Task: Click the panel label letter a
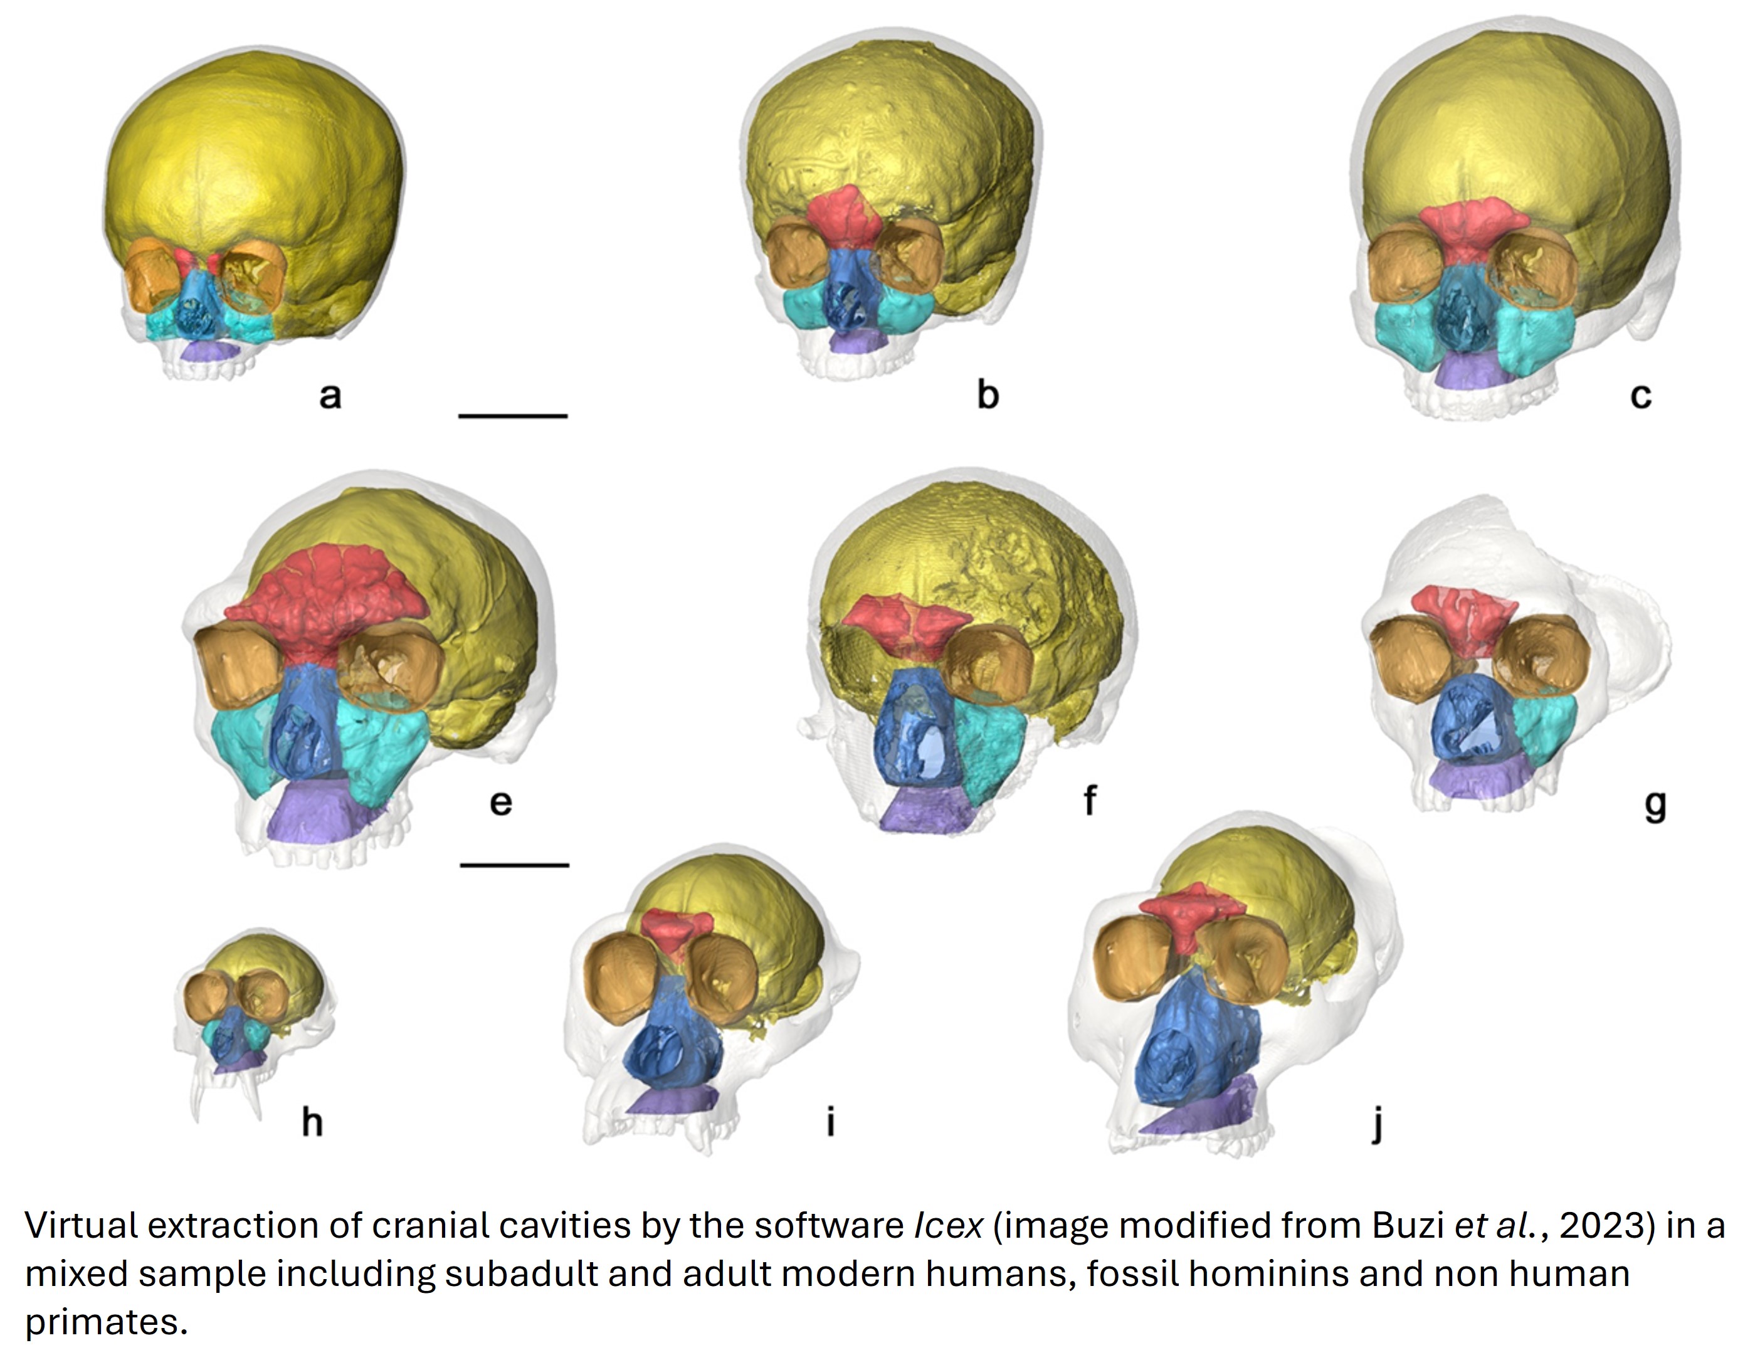(330, 396)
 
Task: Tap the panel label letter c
(1641, 396)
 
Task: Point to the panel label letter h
(312, 1121)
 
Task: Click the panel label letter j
(1378, 1122)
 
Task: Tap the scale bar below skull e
(514, 865)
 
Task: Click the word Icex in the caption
(947, 1226)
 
